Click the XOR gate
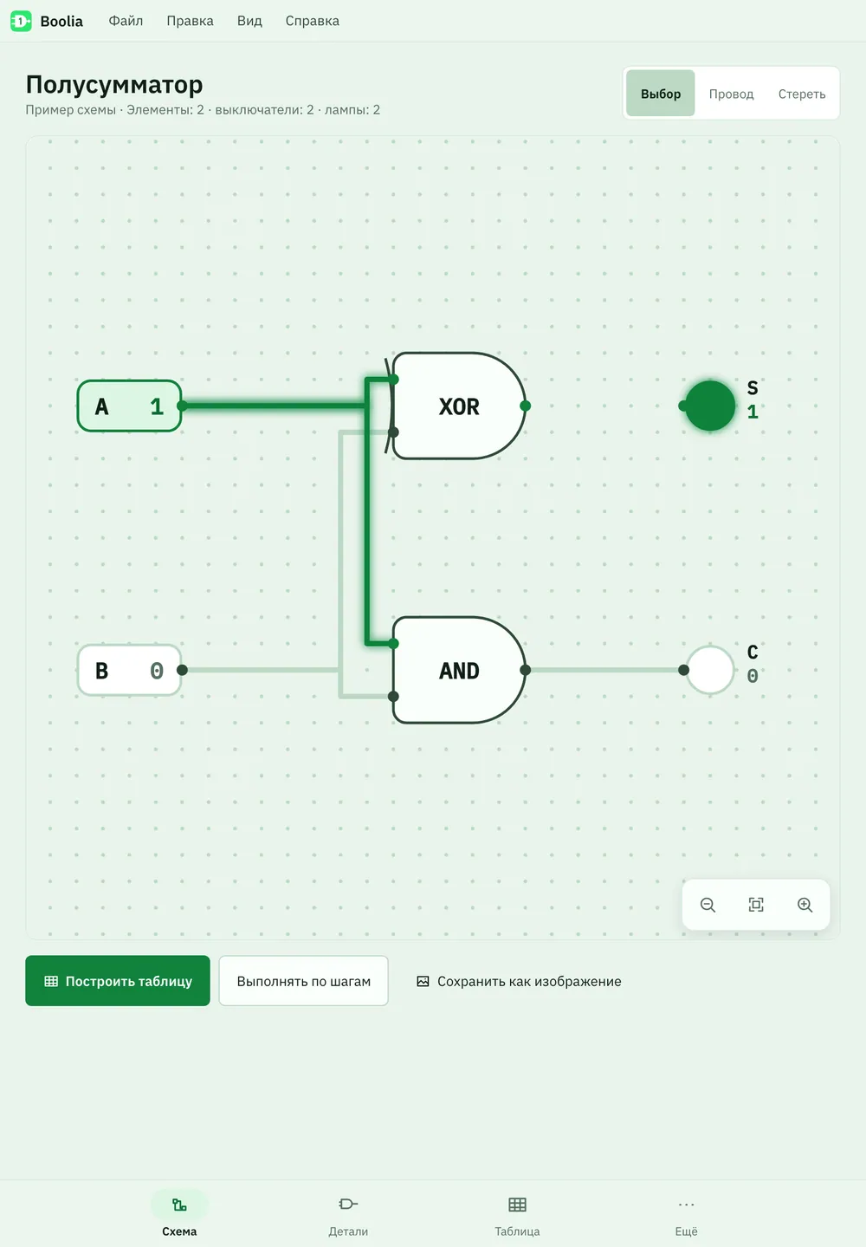[458, 406]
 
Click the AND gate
[459, 670]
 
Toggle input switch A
[129, 406]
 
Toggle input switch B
[129, 670]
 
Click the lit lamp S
[710, 406]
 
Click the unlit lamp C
[710, 670]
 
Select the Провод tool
[731, 94]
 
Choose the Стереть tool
[801, 94]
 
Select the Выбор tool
[660, 94]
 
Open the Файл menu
[126, 21]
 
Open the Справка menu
[312, 21]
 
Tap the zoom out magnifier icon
[708, 905]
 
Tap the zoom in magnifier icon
[805, 905]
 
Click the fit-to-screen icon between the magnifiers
[756, 905]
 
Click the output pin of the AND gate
[525, 670]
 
